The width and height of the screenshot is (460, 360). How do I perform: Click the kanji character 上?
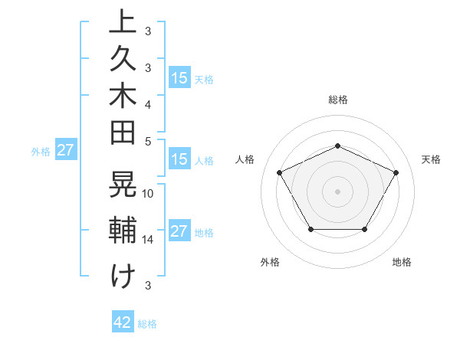point(123,22)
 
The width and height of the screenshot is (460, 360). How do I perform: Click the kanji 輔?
point(123,231)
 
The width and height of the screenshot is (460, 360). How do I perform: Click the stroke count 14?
point(148,240)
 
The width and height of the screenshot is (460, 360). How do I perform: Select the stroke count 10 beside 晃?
point(148,194)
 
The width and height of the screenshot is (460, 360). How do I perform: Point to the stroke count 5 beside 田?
point(148,141)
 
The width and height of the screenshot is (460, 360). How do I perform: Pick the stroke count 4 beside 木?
point(148,103)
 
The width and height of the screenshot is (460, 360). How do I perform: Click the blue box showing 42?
point(123,322)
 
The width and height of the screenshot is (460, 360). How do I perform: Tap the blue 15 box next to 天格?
point(179,77)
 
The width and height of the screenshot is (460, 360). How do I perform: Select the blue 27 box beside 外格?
point(65,150)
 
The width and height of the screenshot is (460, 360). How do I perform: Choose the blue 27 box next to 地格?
point(179,231)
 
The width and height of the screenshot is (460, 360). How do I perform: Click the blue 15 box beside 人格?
point(179,160)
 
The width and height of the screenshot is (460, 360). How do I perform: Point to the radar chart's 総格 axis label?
point(337,100)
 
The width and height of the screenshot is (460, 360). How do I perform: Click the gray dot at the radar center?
point(337,191)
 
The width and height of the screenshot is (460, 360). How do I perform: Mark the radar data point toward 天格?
point(396,172)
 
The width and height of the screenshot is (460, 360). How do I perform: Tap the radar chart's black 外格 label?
point(270,262)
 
